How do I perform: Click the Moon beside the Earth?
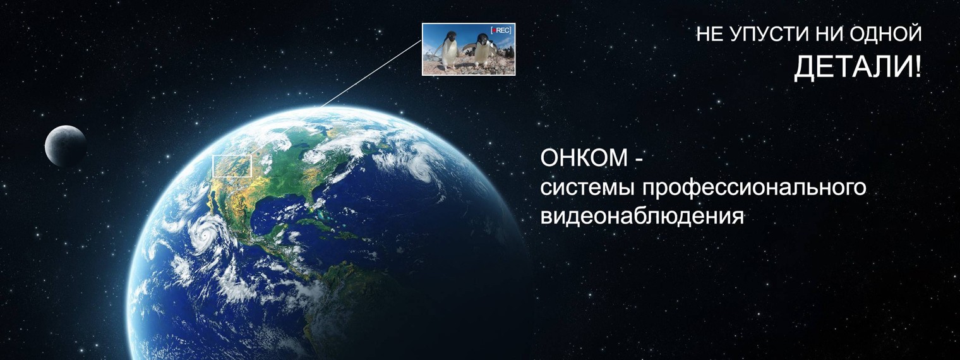66,146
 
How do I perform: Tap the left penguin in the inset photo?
450,51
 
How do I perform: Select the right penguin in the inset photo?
484,51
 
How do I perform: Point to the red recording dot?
493,30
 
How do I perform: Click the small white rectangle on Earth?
232,166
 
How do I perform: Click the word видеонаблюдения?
642,217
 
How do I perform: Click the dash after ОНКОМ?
639,161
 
